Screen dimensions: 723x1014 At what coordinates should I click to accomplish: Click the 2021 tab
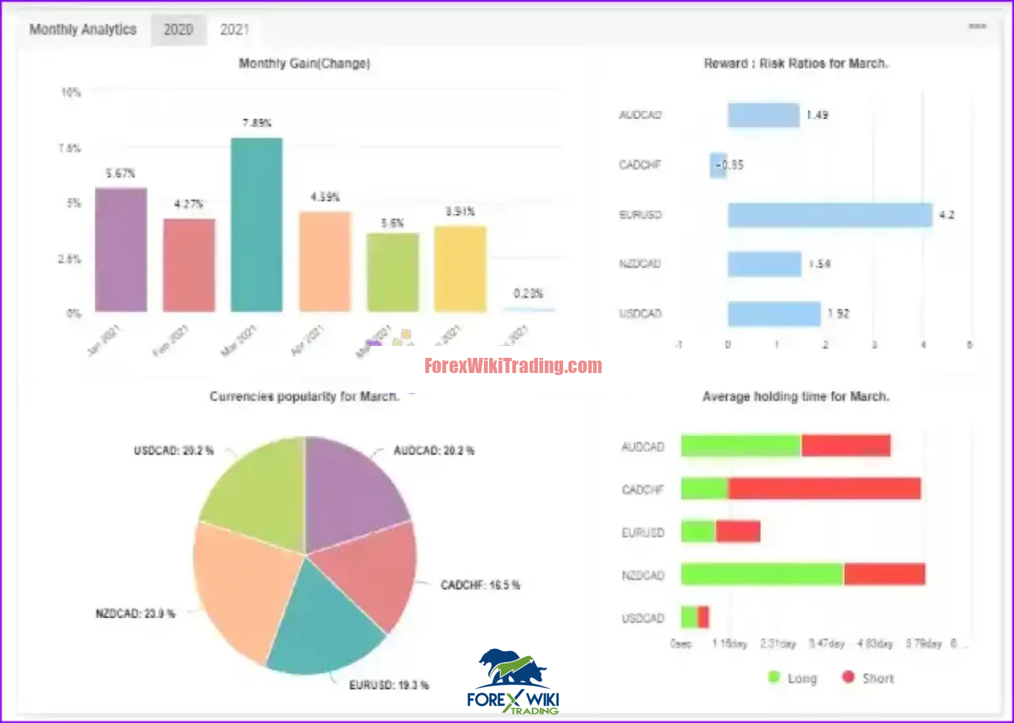click(234, 30)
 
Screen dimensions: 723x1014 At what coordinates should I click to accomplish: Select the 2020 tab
click(178, 30)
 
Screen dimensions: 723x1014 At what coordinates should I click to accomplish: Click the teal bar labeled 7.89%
click(257, 224)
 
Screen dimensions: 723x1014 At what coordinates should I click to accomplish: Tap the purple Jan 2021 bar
click(121, 250)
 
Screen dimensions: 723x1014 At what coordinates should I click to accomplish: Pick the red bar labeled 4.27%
click(189, 265)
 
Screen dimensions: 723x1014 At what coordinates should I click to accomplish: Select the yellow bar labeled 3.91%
click(460, 268)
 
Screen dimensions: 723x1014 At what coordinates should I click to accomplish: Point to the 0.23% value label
click(528, 293)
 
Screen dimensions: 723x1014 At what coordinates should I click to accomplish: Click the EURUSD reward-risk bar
click(830, 215)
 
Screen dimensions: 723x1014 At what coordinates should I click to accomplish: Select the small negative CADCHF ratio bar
click(718, 165)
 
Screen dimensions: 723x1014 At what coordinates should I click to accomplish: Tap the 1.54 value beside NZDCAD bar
click(820, 264)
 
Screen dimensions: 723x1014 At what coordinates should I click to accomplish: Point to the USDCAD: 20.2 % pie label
click(174, 450)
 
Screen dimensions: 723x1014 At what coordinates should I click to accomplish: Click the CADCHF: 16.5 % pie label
click(480, 585)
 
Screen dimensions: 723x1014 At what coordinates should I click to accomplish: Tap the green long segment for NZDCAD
click(762, 574)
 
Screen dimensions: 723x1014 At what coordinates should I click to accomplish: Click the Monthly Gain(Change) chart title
click(304, 63)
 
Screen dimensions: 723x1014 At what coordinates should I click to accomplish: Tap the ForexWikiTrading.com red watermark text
click(513, 366)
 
